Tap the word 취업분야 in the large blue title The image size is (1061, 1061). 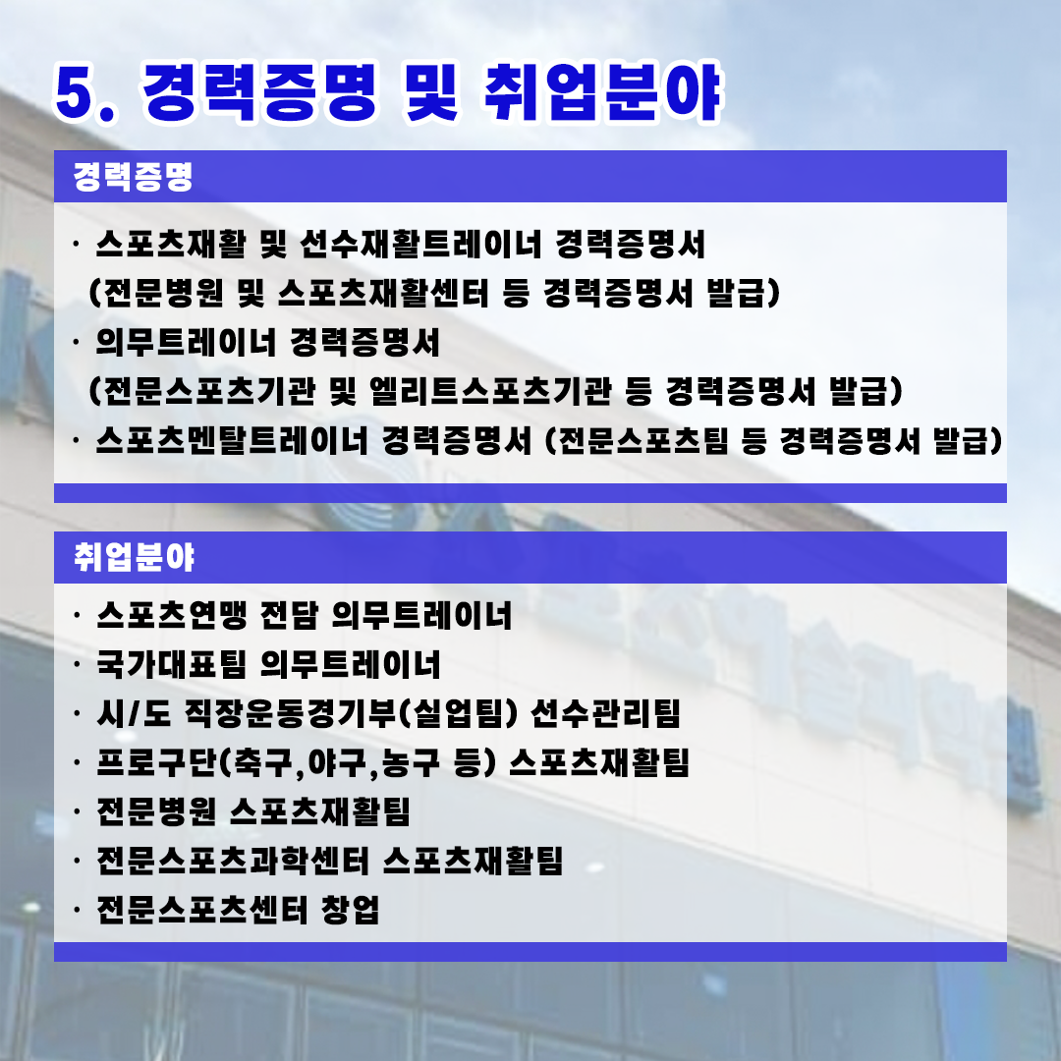[x=602, y=92]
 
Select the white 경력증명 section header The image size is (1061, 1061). [x=134, y=177]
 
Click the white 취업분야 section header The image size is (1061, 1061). [x=134, y=558]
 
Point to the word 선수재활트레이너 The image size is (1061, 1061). [x=420, y=244]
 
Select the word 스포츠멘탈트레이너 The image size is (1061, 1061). [x=232, y=440]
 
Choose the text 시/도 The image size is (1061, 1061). [x=134, y=713]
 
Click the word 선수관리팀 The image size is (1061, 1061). [x=605, y=713]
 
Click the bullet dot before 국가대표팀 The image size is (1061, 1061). [x=78, y=664]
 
